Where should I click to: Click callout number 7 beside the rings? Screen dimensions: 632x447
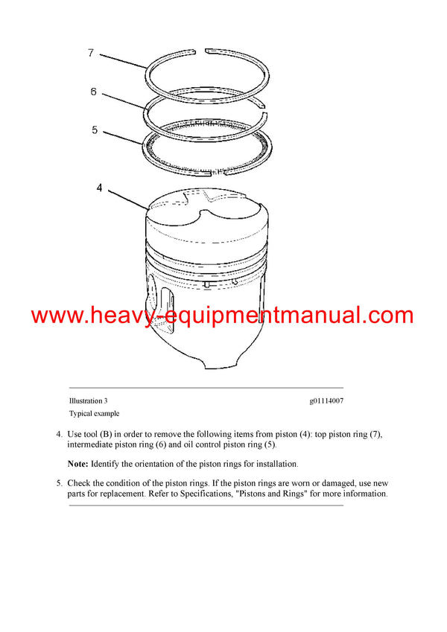click(x=91, y=53)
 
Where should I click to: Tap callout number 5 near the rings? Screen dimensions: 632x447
click(x=95, y=130)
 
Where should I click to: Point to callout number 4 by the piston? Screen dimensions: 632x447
click(x=99, y=188)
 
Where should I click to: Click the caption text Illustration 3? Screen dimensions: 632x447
click(x=88, y=401)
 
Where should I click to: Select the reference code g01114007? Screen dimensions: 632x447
click(x=326, y=401)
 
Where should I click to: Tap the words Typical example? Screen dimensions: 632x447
click(x=94, y=413)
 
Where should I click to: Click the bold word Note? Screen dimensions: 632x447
click(x=79, y=463)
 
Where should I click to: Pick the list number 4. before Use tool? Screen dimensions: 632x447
click(x=59, y=434)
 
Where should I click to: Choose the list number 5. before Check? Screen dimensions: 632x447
click(x=59, y=482)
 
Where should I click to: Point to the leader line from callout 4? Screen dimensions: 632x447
click(x=130, y=199)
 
